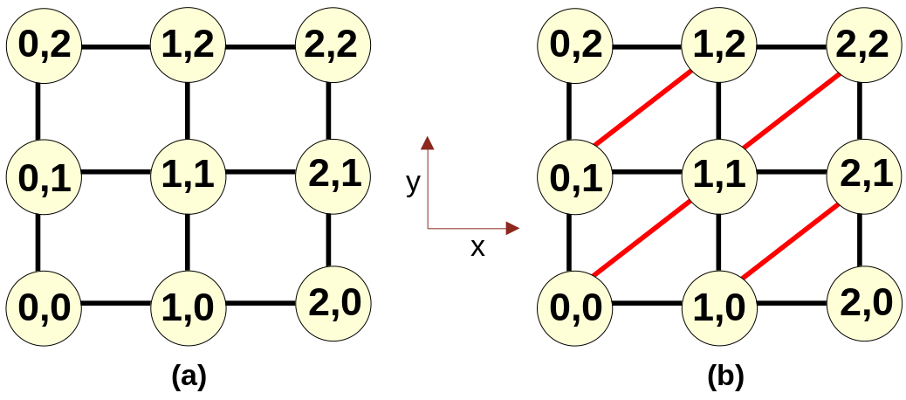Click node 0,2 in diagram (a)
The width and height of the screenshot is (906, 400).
[44, 46]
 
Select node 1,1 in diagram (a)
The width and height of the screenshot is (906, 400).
[189, 174]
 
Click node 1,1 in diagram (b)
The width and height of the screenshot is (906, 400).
[718, 174]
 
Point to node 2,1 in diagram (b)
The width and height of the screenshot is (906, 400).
[864, 174]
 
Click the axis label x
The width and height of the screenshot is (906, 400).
[477, 248]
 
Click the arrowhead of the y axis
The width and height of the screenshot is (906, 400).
[428, 143]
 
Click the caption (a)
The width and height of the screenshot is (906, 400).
[189, 376]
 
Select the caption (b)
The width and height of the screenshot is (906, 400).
[725, 376]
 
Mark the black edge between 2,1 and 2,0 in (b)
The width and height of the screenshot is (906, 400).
[862, 239]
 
